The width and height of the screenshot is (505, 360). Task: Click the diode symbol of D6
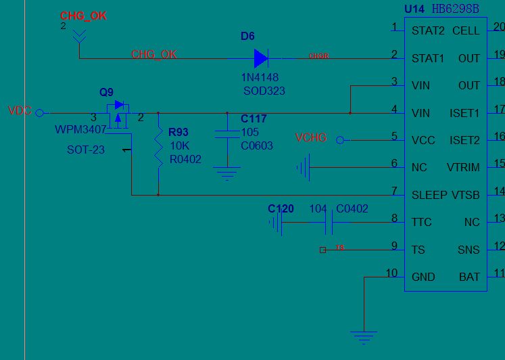tap(262, 58)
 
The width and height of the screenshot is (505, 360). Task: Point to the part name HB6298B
tap(455, 9)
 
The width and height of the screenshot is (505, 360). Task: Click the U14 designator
tap(414, 9)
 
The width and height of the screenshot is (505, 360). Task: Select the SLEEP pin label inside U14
tap(429, 195)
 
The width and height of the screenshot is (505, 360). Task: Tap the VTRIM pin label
tap(463, 167)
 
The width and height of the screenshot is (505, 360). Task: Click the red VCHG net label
tap(311, 138)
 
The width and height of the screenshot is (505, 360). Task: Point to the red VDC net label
tap(20, 111)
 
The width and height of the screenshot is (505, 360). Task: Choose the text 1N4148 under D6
tap(260, 78)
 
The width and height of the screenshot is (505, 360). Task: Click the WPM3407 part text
tap(80, 129)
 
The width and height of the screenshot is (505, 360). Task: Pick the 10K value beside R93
tap(179, 145)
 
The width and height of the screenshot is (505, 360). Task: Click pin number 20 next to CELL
tap(499, 27)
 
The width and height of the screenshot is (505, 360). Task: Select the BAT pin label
tap(469, 277)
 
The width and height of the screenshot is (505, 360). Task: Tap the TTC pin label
tap(422, 222)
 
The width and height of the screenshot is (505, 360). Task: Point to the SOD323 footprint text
tap(264, 91)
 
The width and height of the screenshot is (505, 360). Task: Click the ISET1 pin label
tap(464, 113)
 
